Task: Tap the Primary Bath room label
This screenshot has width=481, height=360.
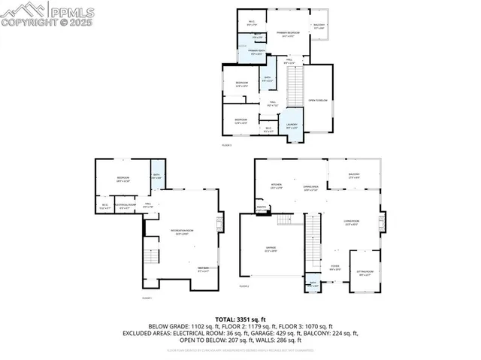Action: click(x=249, y=51)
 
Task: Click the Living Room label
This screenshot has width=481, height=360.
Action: click(x=351, y=221)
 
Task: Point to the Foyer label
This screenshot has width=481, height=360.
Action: click(x=335, y=267)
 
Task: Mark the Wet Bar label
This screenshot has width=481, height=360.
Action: click(x=203, y=269)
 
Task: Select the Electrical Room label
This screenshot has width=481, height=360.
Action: click(x=128, y=205)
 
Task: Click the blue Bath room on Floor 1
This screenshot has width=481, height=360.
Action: click(x=157, y=177)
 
